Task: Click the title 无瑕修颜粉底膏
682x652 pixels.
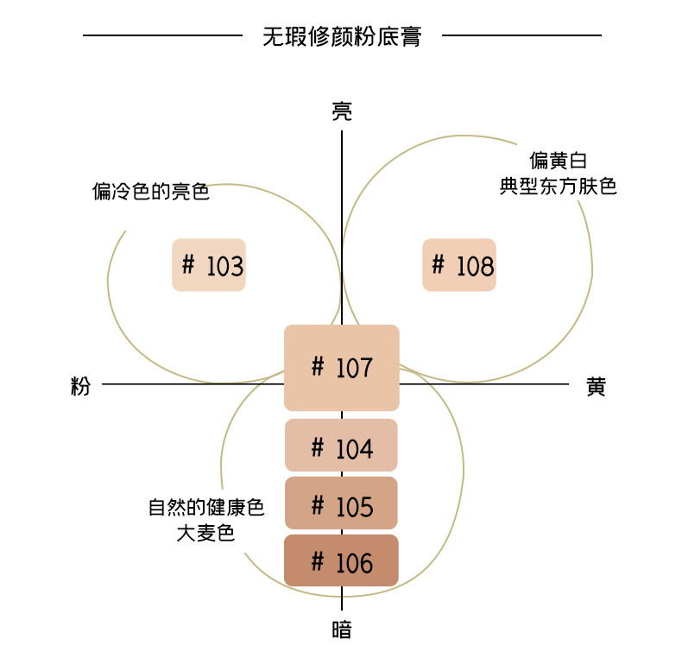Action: click(342, 36)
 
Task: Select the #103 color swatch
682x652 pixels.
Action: click(209, 265)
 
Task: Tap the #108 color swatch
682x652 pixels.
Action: click(459, 265)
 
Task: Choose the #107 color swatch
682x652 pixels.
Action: click(342, 368)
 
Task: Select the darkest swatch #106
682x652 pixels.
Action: click(342, 560)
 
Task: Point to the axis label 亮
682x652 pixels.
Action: click(342, 111)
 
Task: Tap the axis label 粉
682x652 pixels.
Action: click(80, 386)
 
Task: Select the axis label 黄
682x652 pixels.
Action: click(596, 386)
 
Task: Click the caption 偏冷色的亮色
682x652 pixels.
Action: click(151, 191)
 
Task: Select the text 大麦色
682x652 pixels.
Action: click(205, 533)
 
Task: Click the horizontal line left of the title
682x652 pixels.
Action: click(162, 35)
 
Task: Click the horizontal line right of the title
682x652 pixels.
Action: click(521, 35)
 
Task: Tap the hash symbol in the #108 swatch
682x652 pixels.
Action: click(438, 263)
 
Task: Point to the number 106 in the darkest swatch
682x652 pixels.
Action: click(354, 563)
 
